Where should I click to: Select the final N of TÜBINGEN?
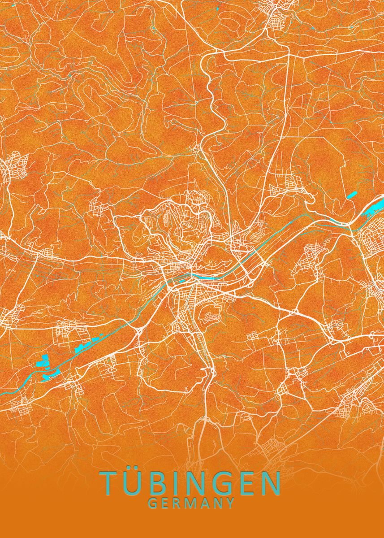point(269,482)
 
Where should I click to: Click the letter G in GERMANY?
point(153,503)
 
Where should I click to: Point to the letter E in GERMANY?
point(166,503)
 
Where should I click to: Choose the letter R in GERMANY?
point(178,503)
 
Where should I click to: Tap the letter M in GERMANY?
point(192,503)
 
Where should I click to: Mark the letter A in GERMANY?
point(205,503)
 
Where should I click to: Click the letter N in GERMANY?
point(218,503)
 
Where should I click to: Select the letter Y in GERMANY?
point(230,503)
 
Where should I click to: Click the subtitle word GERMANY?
point(192,503)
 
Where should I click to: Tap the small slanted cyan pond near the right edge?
point(352,195)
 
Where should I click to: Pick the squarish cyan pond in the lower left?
point(44,359)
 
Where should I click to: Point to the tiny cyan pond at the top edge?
point(218,9)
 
